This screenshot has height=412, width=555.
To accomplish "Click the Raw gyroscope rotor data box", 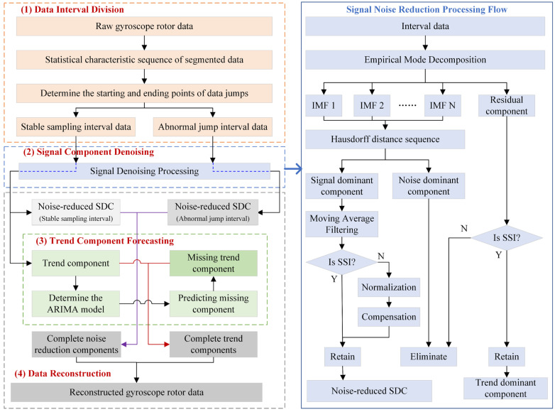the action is point(144,26).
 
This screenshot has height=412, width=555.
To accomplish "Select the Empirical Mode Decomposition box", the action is point(424,60).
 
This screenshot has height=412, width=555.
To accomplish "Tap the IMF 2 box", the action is point(372,106).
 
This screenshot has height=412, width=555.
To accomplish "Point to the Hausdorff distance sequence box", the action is point(385,139).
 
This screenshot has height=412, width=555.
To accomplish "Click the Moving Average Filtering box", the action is point(342,224).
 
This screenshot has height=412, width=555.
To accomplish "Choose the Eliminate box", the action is point(429,357).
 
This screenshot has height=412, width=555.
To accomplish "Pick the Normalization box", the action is point(389,287).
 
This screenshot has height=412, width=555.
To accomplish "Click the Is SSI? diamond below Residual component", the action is point(507,238).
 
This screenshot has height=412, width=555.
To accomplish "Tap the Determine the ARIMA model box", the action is point(76,303).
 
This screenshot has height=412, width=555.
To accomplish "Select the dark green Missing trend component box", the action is point(214,264).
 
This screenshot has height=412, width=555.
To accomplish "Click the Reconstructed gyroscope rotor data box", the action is point(136,392).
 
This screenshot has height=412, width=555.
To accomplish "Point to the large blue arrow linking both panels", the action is point(293,169).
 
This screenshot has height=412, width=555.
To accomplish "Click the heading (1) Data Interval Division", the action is point(72,9).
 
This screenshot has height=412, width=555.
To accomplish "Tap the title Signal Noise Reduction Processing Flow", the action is point(427,9).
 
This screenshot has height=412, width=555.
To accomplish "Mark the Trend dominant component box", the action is point(505,389).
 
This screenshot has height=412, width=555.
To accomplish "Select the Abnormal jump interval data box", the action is point(213,127).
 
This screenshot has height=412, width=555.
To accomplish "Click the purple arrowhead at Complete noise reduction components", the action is point(124,344).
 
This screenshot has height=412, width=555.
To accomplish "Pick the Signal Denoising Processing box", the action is point(144,171).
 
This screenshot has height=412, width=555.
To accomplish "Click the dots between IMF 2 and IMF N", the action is point(407,105).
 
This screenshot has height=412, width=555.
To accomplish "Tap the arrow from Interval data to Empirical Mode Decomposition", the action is point(425,43).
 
